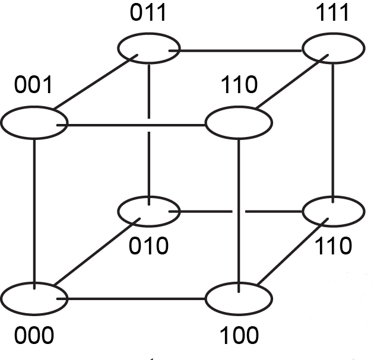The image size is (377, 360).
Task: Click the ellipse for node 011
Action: (148, 47)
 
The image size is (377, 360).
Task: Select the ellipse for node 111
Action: (333, 47)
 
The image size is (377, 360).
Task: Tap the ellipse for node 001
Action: (34, 123)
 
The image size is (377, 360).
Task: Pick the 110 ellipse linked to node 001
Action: (238, 123)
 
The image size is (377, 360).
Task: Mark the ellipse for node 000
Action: (34, 297)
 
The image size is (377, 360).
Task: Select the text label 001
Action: (34, 87)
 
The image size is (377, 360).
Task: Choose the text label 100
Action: (239, 336)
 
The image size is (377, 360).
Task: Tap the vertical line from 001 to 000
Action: (34, 208)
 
